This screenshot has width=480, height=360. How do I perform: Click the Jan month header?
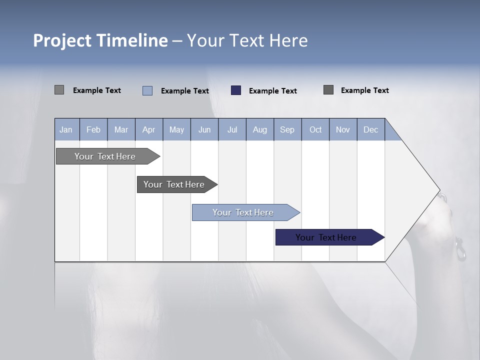(66, 129)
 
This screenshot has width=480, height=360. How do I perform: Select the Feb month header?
(93, 129)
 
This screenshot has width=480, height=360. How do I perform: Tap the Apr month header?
(148, 129)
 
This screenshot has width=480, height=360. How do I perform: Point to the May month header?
(176, 129)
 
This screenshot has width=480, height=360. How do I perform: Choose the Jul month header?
(232, 129)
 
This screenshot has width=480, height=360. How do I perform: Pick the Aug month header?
(259, 129)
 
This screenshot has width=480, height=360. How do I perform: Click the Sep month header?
(287, 129)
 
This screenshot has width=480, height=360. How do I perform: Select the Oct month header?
(315, 129)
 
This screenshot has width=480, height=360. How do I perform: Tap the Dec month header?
(370, 129)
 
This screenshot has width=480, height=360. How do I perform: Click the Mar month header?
(121, 129)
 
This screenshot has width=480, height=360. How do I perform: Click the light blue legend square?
(147, 90)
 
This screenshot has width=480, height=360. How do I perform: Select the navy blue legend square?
(236, 90)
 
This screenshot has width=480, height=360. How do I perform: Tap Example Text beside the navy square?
(273, 91)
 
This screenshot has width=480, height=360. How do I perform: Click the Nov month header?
(343, 129)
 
